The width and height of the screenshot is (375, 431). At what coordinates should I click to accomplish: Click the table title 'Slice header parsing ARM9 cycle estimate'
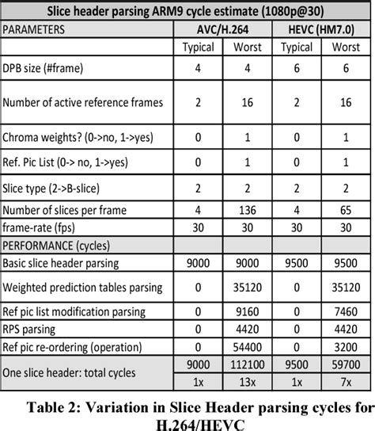coord(187,12)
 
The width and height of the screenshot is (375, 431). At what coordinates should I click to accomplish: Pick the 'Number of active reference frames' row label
coord(84,102)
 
